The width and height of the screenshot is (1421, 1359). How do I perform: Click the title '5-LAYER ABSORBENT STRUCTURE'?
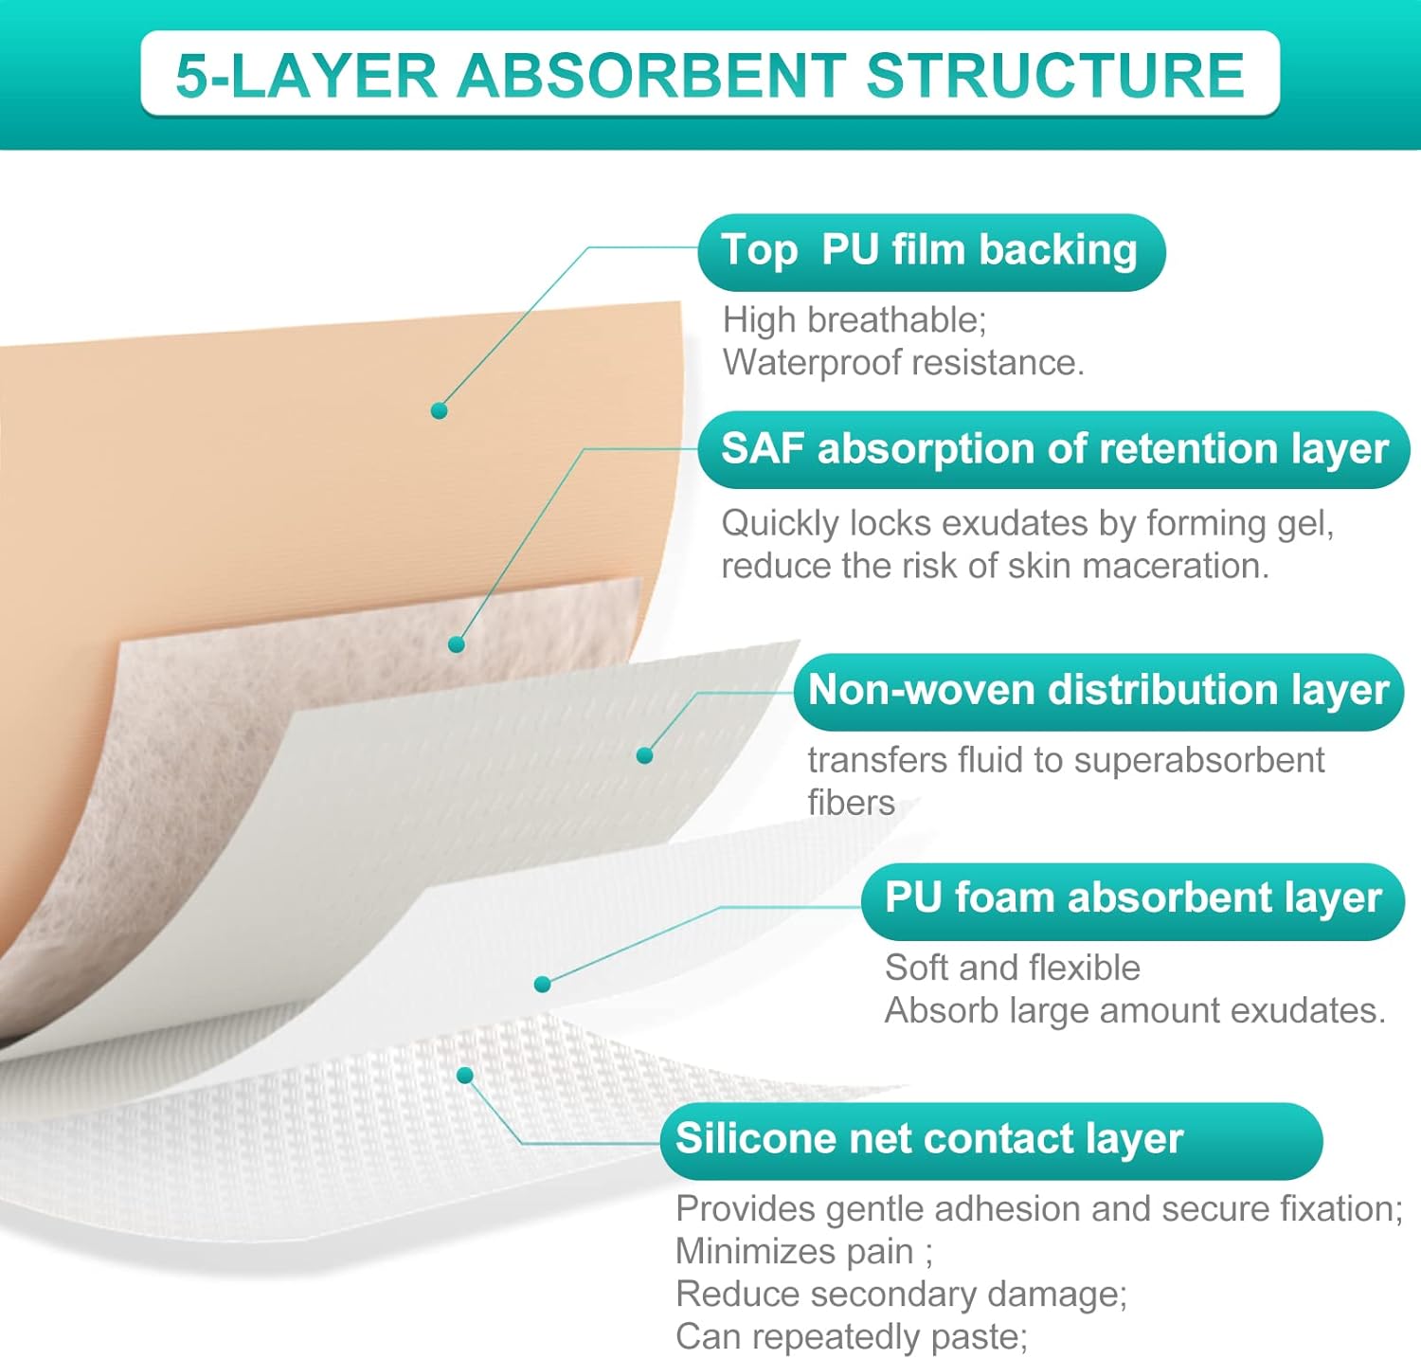point(710,75)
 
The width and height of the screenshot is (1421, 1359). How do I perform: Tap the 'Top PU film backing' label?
point(930,251)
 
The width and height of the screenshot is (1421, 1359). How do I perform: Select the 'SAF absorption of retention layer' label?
point(1054,449)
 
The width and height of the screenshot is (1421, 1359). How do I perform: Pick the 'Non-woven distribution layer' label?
point(1098,691)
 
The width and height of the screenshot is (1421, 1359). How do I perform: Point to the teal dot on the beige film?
point(439,410)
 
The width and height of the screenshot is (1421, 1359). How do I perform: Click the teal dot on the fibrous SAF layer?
point(457,644)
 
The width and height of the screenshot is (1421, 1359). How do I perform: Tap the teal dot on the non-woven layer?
point(645,755)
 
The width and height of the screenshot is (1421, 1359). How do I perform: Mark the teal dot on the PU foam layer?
point(543,985)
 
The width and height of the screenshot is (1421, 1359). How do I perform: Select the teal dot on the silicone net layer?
point(465,1076)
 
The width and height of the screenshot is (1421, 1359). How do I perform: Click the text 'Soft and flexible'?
point(1013,968)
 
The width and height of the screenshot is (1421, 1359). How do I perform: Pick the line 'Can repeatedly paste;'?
point(852,1337)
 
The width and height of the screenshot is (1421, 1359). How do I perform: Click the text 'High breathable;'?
point(854,320)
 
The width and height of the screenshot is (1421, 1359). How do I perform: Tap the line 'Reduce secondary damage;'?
point(901,1295)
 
